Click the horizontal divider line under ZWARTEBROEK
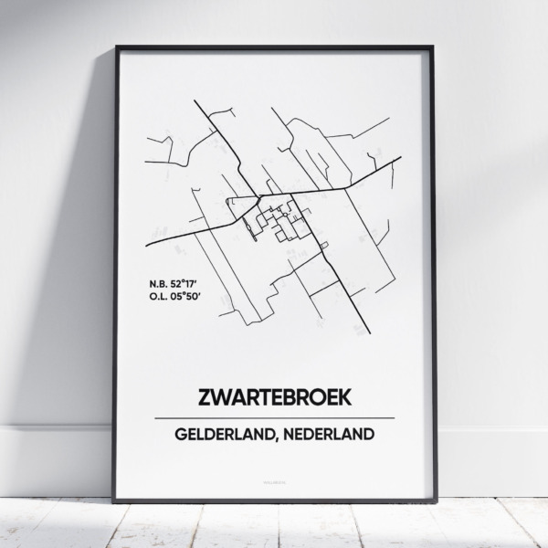(x=273, y=418)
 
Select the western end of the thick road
(x=149, y=245)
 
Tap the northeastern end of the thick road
(x=401, y=158)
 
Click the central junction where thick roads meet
(x=260, y=196)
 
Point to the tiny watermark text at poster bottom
(x=273, y=479)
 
